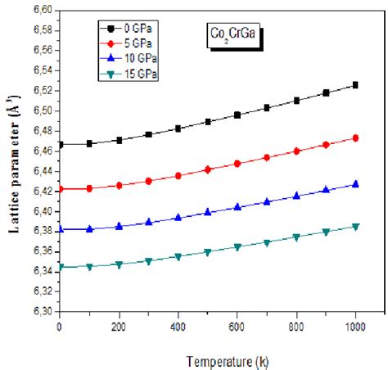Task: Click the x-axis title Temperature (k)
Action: coord(220,357)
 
